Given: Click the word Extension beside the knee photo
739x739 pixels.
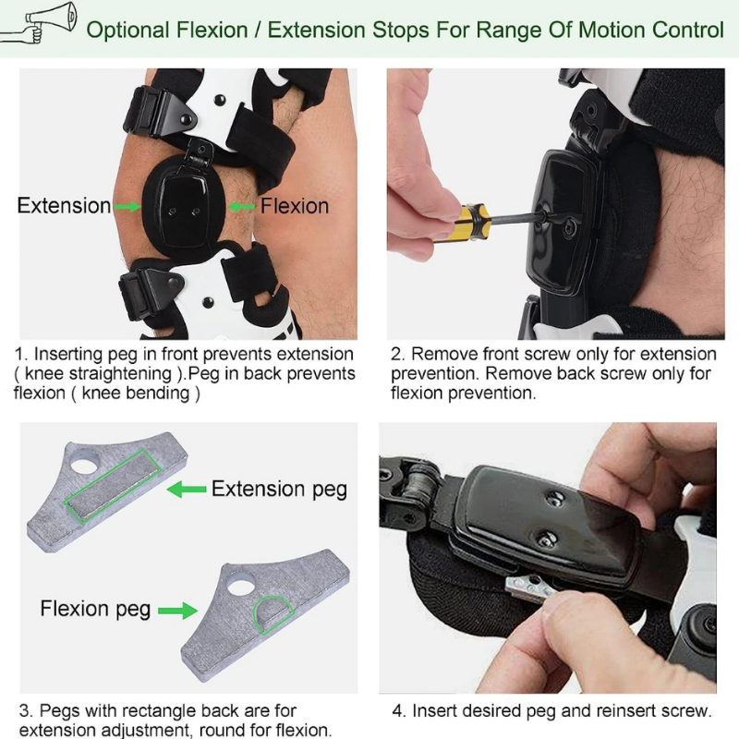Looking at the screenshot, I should coord(64,206).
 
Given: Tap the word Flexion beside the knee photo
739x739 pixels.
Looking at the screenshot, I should coord(294,206).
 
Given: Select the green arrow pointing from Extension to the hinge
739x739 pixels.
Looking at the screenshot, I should coord(127,206).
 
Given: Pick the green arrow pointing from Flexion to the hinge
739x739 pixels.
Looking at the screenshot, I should coord(242,206).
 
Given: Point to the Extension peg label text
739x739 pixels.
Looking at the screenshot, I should coord(279,489).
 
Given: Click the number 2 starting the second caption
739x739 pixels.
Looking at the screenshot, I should coord(395,354).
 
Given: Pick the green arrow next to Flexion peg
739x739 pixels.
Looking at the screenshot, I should coord(178,611).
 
